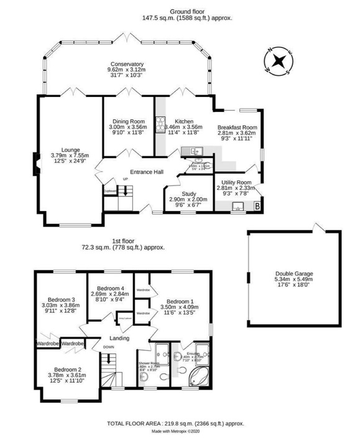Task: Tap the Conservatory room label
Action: (x=127, y=64)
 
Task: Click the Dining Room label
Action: (x=129, y=121)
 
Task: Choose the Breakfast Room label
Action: (x=236, y=127)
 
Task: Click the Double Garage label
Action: (x=295, y=273)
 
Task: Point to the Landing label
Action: (x=119, y=338)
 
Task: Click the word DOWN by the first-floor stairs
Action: (x=108, y=348)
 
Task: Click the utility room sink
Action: (x=237, y=207)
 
